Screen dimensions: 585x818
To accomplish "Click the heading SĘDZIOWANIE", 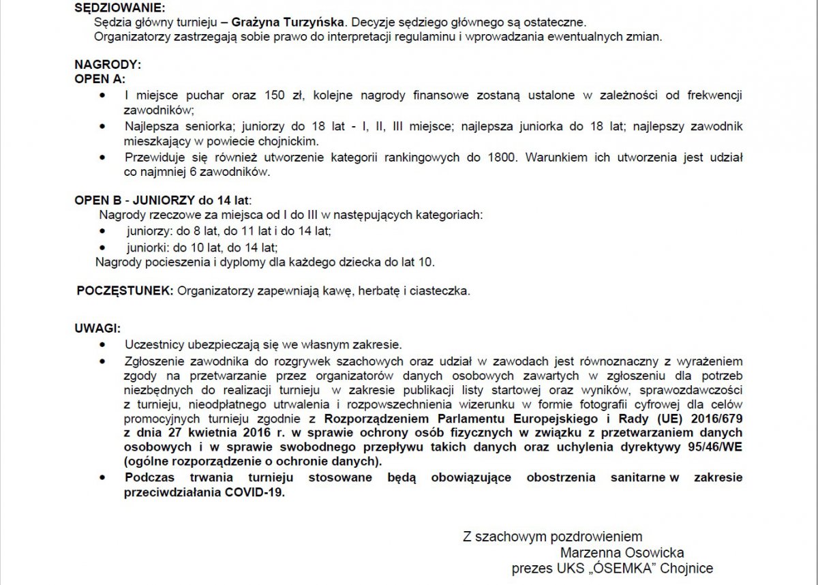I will click(x=120, y=8).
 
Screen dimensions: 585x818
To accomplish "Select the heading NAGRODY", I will click(x=108, y=65).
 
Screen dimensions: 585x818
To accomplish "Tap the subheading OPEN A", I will click(x=100, y=79).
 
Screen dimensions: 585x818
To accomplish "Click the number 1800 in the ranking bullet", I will click(x=502, y=158).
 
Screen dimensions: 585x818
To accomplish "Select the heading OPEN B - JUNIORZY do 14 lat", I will click(x=162, y=200).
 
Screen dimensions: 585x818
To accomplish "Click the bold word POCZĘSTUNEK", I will click(x=125, y=291).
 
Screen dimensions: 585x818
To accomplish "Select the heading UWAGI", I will click(x=97, y=328).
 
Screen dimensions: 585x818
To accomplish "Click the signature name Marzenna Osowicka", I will click(x=622, y=552).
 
